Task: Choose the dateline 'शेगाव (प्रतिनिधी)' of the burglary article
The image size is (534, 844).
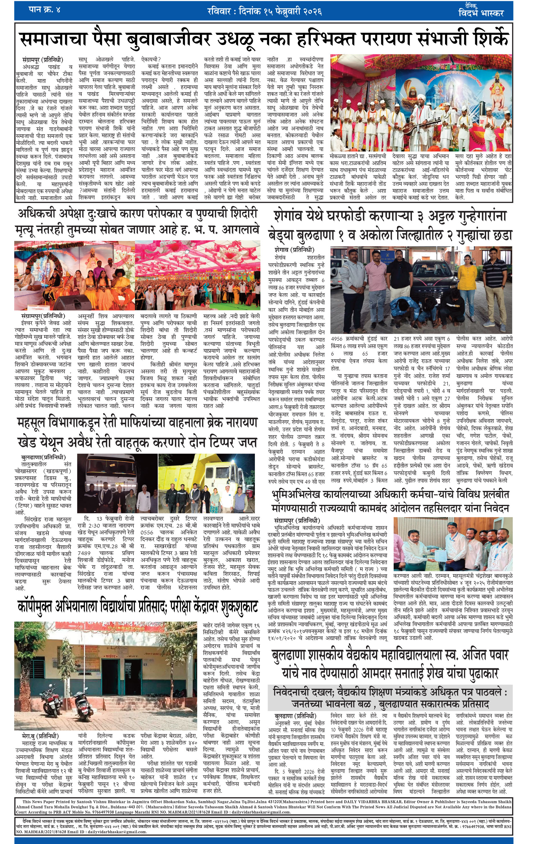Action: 294,250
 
